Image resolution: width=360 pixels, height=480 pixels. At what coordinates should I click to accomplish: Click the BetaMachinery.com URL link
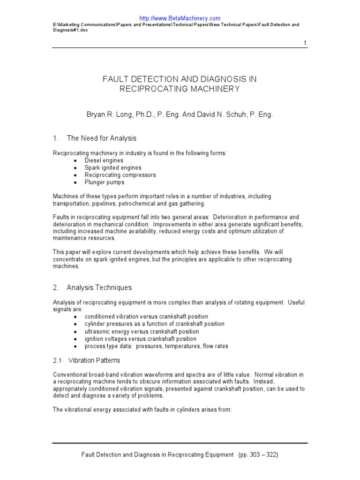click(180, 18)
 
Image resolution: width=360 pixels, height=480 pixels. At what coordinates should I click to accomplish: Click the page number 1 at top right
click(305, 43)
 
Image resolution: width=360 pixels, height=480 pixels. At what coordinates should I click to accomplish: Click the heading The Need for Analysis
click(101, 138)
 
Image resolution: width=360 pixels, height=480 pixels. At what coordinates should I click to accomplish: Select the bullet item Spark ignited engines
click(112, 168)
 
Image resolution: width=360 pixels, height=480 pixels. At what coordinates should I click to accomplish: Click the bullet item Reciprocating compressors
click(120, 175)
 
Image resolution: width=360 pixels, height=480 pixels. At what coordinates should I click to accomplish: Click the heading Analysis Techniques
click(99, 287)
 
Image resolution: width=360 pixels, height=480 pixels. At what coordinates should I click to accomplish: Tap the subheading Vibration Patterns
click(94, 360)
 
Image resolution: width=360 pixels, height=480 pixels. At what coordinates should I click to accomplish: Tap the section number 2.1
click(57, 360)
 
